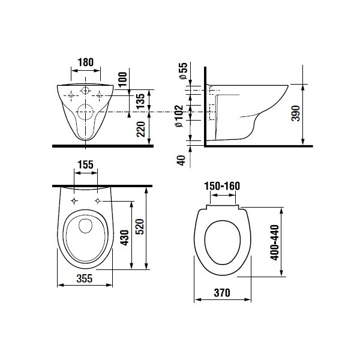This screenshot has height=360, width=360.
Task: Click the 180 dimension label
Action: pyautogui.click(x=86, y=62)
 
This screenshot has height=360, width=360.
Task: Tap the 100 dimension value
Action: pyautogui.click(x=123, y=79)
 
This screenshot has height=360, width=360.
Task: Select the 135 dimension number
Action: pyautogui.click(x=140, y=101)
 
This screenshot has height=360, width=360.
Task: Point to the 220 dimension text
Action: pyautogui.click(x=141, y=129)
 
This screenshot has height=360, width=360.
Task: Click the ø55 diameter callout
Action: pyautogui.click(x=184, y=71)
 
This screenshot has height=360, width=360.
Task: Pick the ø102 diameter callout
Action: pyautogui.click(x=179, y=116)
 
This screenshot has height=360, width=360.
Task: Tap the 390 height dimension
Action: pyautogui.click(x=295, y=113)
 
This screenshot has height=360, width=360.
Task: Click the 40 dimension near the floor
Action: pyautogui.click(x=181, y=160)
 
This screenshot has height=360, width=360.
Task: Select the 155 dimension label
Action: pyautogui.click(x=85, y=164)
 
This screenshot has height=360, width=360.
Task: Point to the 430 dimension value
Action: pyautogui.click(x=125, y=238)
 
